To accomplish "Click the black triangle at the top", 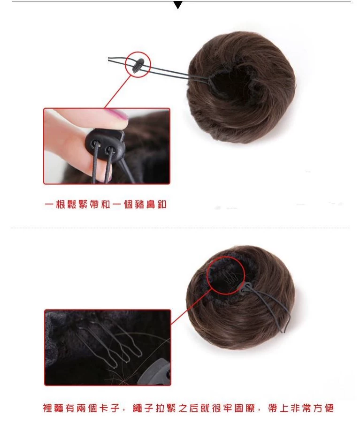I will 177,5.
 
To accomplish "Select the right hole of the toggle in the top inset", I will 110,150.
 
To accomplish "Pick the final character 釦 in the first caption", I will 161,205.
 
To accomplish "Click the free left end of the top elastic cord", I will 111,59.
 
